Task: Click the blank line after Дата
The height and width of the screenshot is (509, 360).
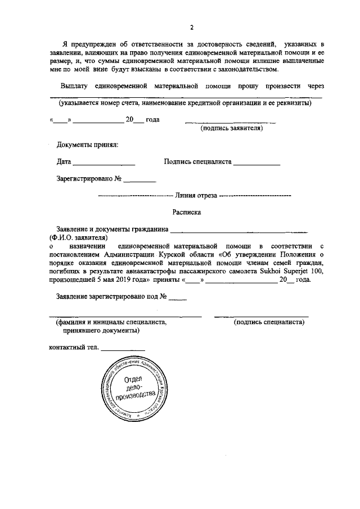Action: tap(104, 163)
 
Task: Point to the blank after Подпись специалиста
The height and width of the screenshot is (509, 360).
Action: tap(256, 163)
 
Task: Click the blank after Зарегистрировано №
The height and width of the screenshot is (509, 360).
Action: tap(139, 181)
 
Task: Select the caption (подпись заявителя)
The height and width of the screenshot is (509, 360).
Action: tap(232, 129)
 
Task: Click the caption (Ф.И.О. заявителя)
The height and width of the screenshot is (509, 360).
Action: tap(78, 238)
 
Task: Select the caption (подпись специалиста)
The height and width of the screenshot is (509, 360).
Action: tap(269, 323)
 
